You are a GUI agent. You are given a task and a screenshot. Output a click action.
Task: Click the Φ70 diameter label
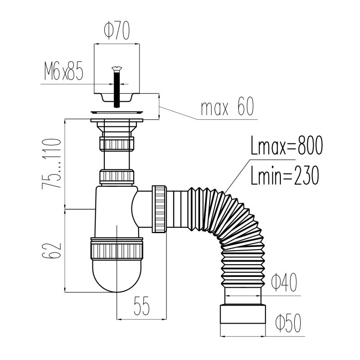117,30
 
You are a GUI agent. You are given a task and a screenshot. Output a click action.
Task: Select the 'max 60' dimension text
227,106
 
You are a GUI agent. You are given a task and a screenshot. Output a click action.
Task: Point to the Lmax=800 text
287,145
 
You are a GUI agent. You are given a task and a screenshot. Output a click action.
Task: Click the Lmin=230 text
285,175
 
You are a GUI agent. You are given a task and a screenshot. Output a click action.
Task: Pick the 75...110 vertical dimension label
51,164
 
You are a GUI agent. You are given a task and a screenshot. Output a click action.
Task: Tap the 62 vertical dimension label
51,251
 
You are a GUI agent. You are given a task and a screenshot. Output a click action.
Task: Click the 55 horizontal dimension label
142,306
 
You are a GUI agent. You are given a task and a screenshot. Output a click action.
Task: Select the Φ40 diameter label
284,282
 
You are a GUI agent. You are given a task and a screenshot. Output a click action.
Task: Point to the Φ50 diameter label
288,323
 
